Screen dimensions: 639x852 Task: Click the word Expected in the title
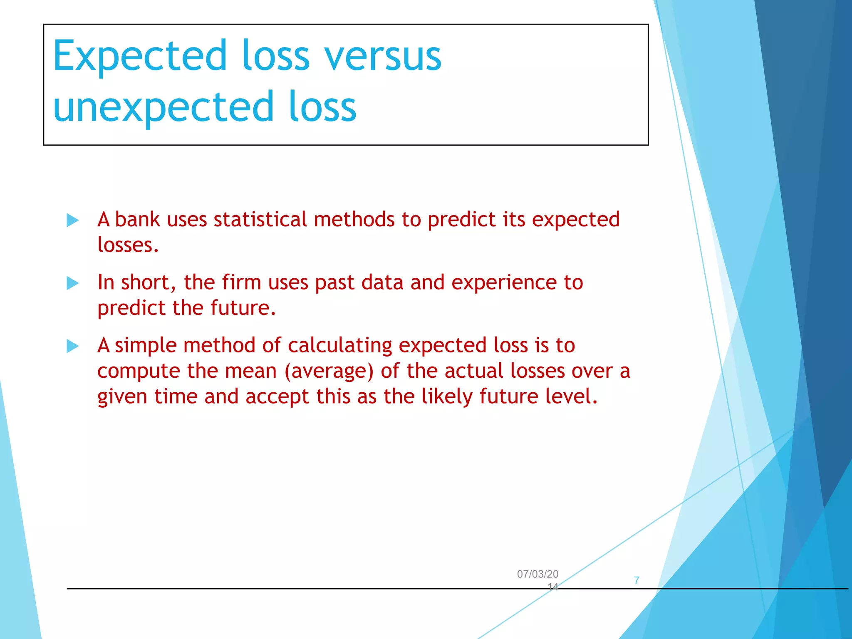point(140,56)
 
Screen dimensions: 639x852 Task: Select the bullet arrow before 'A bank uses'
point(72,220)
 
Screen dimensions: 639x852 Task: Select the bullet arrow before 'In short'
point(72,283)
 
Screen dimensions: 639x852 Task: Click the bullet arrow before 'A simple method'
point(72,346)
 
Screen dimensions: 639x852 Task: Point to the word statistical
point(260,219)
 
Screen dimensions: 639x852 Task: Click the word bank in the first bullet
point(137,219)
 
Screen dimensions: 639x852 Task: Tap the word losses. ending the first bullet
point(128,245)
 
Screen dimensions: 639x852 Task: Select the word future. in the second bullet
point(243,308)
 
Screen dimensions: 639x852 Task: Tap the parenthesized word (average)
point(329,371)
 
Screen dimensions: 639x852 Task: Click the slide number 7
point(637,580)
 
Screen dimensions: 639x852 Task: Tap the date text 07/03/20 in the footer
point(537,574)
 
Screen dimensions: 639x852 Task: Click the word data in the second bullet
point(382,282)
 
